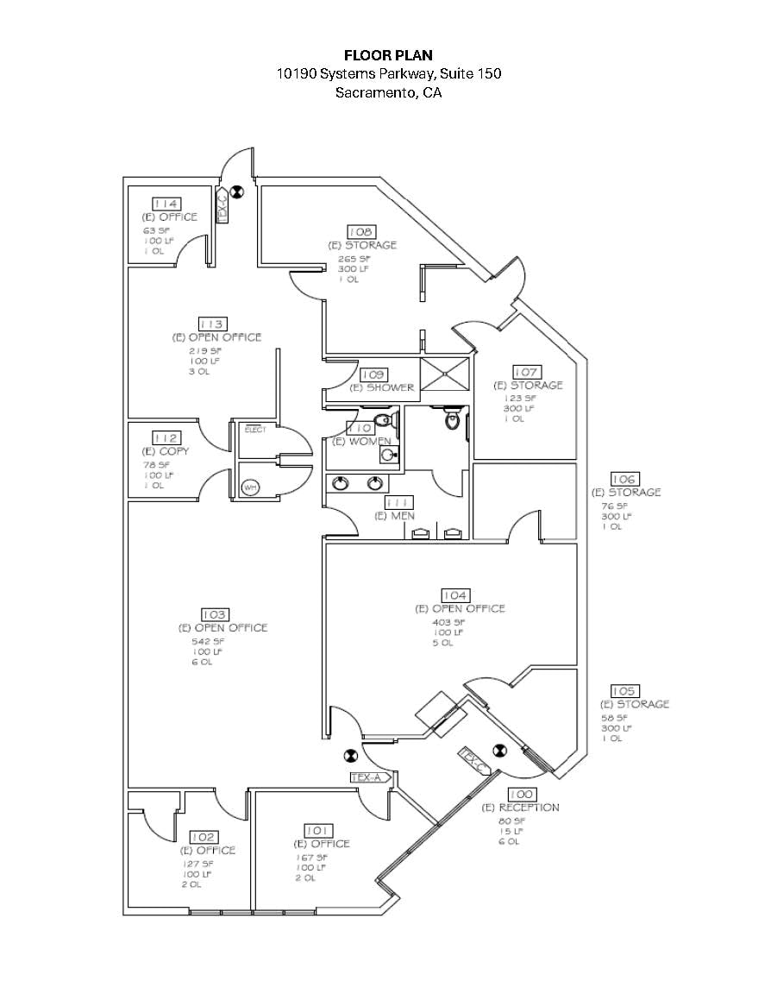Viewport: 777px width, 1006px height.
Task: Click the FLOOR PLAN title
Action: pyautogui.click(x=388, y=55)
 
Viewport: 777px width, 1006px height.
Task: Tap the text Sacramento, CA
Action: pyautogui.click(x=388, y=92)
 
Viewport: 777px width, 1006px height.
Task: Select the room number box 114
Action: pyautogui.click(x=166, y=204)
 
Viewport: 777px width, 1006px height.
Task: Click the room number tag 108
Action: pyautogui.click(x=361, y=231)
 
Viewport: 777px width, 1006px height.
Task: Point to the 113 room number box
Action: pyautogui.click(x=213, y=324)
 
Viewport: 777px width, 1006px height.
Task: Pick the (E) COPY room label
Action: pyautogui.click(x=166, y=451)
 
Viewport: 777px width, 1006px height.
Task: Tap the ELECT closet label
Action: pyautogui.click(x=255, y=430)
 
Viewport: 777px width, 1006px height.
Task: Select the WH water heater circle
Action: pyautogui.click(x=250, y=487)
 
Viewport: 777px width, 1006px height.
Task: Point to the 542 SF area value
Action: pyautogui.click(x=207, y=641)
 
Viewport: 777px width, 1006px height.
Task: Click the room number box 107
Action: pyautogui.click(x=526, y=372)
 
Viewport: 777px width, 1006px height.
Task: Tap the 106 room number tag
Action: pyautogui.click(x=623, y=479)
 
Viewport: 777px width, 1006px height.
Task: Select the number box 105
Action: pyautogui.click(x=623, y=691)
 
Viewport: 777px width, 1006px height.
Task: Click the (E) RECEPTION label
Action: pyautogui.click(x=520, y=808)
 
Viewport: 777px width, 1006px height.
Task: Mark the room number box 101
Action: pyautogui.click(x=320, y=830)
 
